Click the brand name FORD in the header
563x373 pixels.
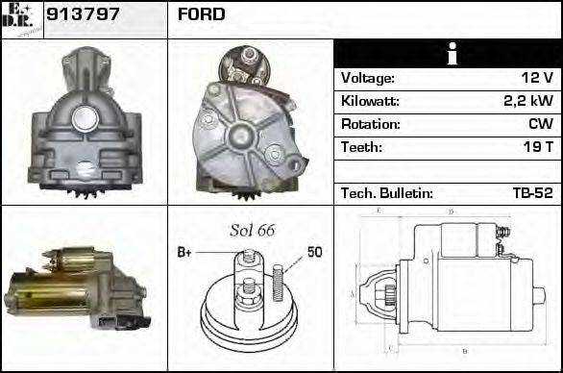tap(202, 14)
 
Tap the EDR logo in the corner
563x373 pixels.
tap(22, 18)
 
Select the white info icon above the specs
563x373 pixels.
tap(447, 55)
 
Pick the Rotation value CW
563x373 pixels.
tap(540, 125)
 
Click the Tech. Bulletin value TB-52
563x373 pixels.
tap(531, 193)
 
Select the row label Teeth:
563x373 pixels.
tap(362, 148)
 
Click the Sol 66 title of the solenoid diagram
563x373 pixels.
tap(252, 231)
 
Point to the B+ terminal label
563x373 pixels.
tap(185, 253)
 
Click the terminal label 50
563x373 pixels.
tap(314, 253)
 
